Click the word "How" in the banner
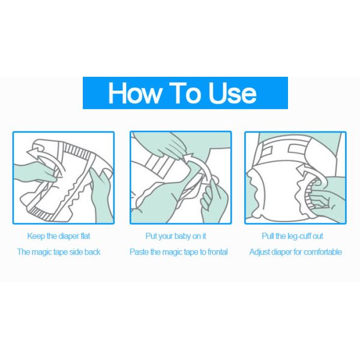coord(135,93)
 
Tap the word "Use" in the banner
coord(232,93)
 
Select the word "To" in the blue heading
coord(185,93)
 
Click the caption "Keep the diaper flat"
coord(59,236)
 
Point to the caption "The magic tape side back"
coord(59,252)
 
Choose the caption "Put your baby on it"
coord(176,236)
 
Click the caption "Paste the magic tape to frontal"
coord(179,252)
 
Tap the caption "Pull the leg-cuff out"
coord(293,236)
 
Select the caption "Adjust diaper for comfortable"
coord(296,252)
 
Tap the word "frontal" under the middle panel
coord(218,252)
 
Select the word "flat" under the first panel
coord(85,236)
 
